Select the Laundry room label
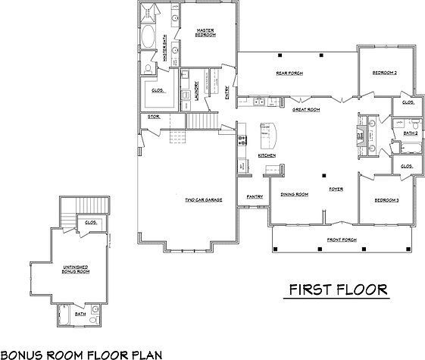point(196,91)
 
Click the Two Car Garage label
point(202,200)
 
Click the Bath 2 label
point(410,133)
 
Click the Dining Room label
point(295,195)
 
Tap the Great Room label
point(306,110)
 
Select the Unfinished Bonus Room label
point(77,269)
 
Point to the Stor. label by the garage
point(153,117)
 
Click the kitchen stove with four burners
point(243,139)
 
